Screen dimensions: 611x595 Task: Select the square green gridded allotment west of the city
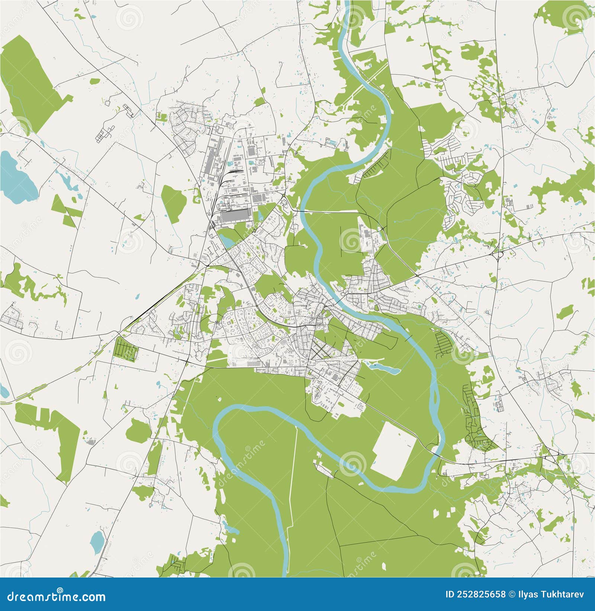click(x=126, y=349)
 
